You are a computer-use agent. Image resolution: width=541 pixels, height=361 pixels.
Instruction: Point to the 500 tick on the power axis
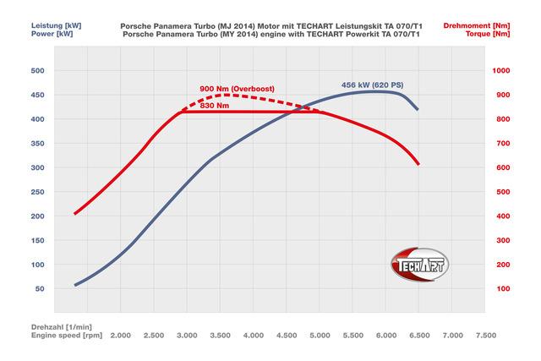37,71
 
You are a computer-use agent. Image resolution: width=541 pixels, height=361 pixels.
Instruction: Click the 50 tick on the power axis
40,289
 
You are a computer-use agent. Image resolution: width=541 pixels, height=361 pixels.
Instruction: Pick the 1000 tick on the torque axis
502,71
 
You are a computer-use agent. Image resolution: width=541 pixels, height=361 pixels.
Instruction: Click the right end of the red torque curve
418,164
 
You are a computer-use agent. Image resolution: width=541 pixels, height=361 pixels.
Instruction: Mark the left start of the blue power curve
74,285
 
